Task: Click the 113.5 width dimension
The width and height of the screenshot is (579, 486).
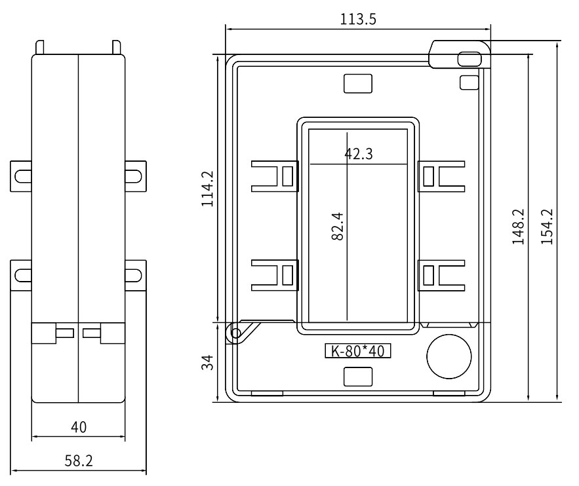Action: pyautogui.click(x=357, y=19)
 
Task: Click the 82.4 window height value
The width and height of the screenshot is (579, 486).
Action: pyautogui.click(x=338, y=225)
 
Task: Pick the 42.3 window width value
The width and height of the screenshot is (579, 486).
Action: pyautogui.click(x=359, y=154)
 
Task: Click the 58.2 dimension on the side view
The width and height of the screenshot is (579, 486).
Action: pyautogui.click(x=79, y=460)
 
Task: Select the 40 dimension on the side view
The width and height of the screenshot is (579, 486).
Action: pyautogui.click(x=79, y=428)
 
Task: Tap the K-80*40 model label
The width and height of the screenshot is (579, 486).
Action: pyautogui.click(x=358, y=350)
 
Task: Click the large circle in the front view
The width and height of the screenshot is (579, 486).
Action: pyautogui.click(x=449, y=357)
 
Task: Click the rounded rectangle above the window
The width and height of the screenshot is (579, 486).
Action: pyautogui.click(x=358, y=83)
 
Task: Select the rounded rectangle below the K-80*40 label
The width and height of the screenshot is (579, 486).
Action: pyautogui.click(x=358, y=376)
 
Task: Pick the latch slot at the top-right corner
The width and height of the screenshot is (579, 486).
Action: pyautogui.click(x=468, y=59)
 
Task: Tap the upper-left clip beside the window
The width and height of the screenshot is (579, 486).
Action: pyautogui.click(x=274, y=176)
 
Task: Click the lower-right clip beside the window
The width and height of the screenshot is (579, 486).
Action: pyautogui.click(x=442, y=274)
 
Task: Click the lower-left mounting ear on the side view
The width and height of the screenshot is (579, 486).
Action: pyautogui.click(x=22, y=274)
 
